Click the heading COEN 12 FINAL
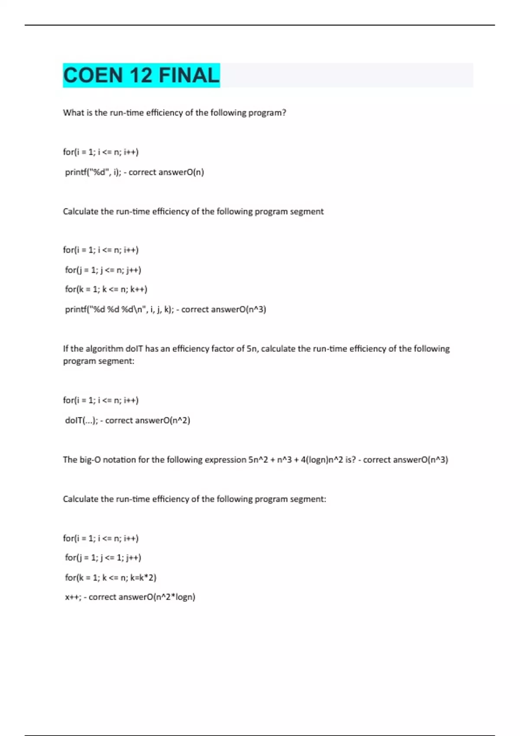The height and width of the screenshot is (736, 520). pyautogui.click(x=141, y=75)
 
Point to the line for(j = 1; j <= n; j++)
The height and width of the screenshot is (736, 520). pyautogui.click(x=103, y=270)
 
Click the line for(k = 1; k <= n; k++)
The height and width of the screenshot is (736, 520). pyautogui.click(x=106, y=289)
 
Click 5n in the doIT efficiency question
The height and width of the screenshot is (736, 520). pyautogui.click(x=252, y=349)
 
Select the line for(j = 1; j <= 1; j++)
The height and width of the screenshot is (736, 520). pyautogui.click(x=103, y=558)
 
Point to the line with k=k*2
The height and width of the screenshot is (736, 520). pyautogui.click(x=110, y=578)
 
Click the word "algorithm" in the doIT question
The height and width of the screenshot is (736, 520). pyautogui.click(x=104, y=349)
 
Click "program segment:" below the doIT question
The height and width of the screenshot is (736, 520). pyautogui.click(x=99, y=361)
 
